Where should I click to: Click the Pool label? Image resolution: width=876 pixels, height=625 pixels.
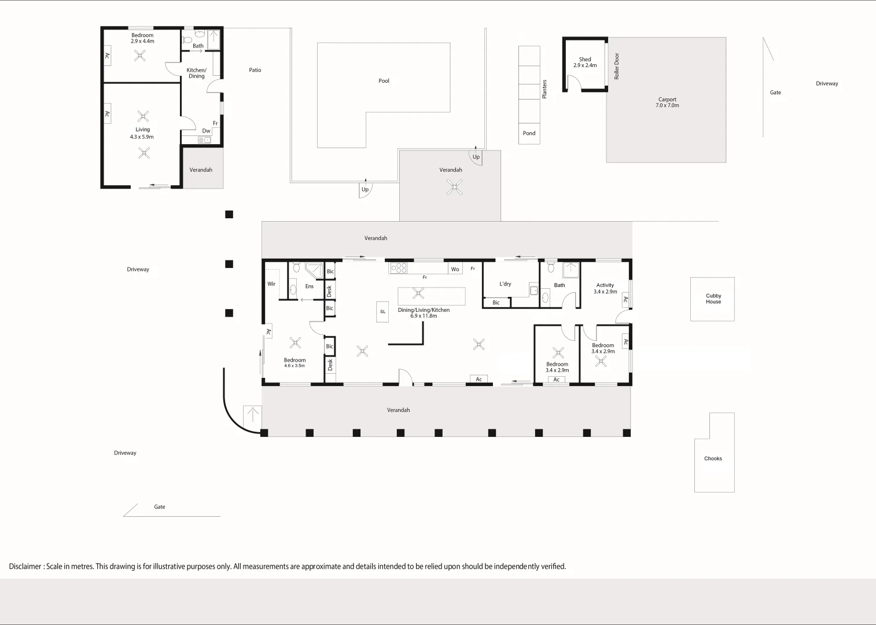pyautogui.click(x=384, y=81)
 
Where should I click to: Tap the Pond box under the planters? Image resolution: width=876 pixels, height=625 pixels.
pyautogui.click(x=529, y=133)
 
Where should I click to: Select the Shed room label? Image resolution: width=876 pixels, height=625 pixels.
pyautogui.click(x=585, y=62)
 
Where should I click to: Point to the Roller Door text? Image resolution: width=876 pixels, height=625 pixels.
pyautogui.click(x=617, y=66)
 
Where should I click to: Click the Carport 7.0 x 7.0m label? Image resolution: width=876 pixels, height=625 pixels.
pyautogui.click(x=667, y=102)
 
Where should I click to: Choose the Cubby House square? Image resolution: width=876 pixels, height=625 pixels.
pyautogui.click(x=712, y=299)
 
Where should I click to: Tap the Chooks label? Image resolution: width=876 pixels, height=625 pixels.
pyautogui.click(x=713, y=458)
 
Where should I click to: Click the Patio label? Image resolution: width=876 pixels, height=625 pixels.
pyautogui.click(x=255, y=70)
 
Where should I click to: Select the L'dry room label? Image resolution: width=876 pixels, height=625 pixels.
pyautogui.click(x=505, y=284)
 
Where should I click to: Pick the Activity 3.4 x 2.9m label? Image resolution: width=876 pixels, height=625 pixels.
pyautogui.click(x=605, y=288)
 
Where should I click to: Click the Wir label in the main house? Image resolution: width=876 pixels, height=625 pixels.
pyautogui.click(x=271, y=284)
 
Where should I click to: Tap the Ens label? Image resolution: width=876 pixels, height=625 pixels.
pyautogui.click(x=310, y=286)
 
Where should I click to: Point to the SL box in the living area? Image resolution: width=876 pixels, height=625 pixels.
pyautogui.click(x=382, y=312)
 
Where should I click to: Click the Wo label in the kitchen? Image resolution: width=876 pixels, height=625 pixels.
pyautogui.click(x=455, y=269)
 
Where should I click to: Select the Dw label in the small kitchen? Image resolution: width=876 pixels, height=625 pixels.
pyautogui.click(x=206, y=131)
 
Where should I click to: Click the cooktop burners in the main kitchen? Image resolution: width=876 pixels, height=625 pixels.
pyautogui.click(x=399, y=268)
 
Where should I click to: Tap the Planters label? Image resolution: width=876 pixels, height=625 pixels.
pyautogui.click(x=544, y=89)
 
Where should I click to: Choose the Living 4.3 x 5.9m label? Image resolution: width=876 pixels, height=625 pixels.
pyautogui.click(x=142, y=133)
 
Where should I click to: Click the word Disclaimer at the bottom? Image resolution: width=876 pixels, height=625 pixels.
pyautogui.click(x=25, y=567)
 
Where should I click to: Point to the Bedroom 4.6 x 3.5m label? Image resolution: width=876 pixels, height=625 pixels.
pyautogui.click(x=295, y=363)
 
